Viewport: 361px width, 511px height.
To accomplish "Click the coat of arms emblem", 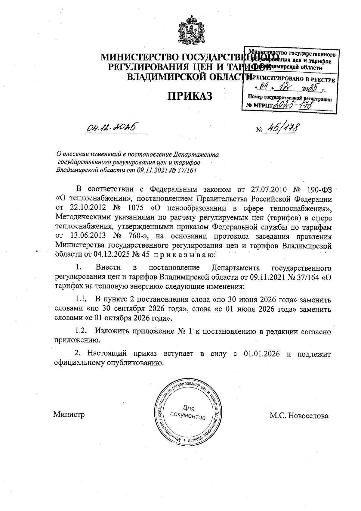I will [x=189, y=31].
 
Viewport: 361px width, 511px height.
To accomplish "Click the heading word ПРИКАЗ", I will [x=190, y=96].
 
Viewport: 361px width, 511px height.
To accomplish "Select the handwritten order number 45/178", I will [x=282, y=129].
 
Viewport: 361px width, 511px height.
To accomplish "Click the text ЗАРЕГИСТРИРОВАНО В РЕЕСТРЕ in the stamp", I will [x=290, y=80].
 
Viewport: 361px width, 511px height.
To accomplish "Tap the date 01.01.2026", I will [x=260, y=354].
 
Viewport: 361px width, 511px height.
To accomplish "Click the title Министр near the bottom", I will [x=69, y=415].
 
